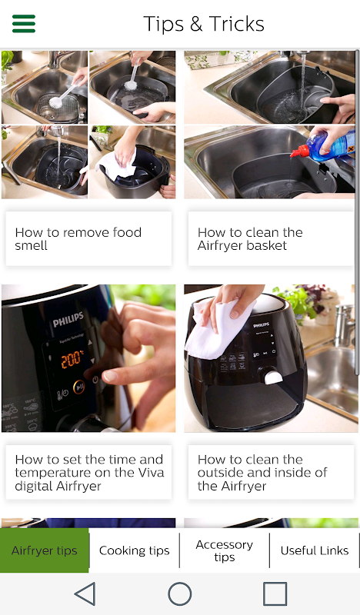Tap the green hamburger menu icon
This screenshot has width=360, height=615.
click(x=24, y=24)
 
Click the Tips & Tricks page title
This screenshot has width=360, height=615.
click(x=204, y=24)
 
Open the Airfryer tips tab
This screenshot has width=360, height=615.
click(x=45, y=550)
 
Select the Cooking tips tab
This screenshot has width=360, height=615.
click(x=135, y=550)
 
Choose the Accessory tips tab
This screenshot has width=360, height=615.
click(x=224, y=550)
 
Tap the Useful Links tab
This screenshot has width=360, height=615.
click(x=315, y=550)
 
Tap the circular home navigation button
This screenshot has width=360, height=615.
click(x=180, y=593)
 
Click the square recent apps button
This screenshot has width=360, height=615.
click(x=275, y=593)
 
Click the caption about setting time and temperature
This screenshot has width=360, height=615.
click(x=88, y=472)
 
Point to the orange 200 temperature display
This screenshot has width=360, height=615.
click(x=72, y=359)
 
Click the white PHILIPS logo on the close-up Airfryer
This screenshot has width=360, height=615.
click(x=68, y=320)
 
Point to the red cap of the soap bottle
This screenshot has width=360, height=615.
click(x=299, y=151)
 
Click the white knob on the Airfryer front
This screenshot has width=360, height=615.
click(x=273, y=377)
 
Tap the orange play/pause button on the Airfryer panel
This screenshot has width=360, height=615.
click(x=79, y=387)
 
